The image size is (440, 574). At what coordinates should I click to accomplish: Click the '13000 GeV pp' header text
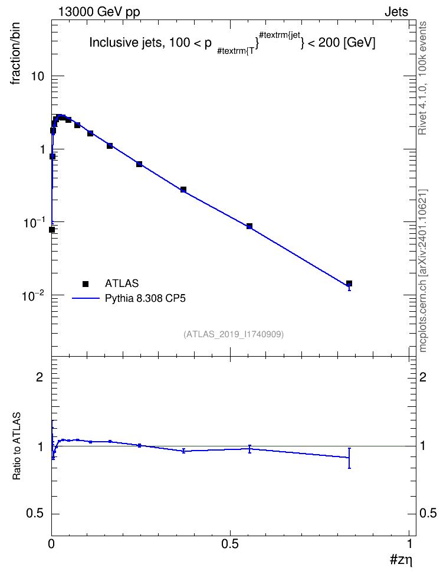[x=98, y=12]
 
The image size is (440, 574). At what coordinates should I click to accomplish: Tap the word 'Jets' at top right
[x=396, y=12]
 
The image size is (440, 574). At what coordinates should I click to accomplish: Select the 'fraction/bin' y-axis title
[x=15, y=54]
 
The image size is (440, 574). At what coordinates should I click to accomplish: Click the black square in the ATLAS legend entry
[x=86, y=283]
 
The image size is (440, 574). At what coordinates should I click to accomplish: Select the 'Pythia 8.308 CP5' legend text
[x=145, y=298]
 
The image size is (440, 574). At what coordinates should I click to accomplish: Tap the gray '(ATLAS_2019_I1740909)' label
[x=234, y=334]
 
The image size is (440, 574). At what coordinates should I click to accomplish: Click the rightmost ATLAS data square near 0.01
[x=349, y=283]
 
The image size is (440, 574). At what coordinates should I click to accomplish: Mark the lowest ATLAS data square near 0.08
[x=52, y=230]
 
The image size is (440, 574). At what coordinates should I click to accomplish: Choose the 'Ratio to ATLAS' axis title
[x=16, y=446]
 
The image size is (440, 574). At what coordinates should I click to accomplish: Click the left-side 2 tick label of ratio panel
[x=40, y=377]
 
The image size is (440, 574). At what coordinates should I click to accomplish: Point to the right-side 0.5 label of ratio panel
[x=428, y=514]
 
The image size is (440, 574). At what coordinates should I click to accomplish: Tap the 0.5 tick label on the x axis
[x=230, y=544]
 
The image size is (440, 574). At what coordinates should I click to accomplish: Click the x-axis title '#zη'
[x=402, y=560]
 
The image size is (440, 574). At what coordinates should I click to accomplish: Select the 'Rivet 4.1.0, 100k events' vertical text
[x=422, y=79]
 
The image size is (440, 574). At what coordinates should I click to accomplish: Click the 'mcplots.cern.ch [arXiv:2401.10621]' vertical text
[x=422, y=270]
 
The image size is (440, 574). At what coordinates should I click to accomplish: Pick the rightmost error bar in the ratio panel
[x=349, y=458]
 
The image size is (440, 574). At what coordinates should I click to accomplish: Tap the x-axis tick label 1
[x=409, y=544]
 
